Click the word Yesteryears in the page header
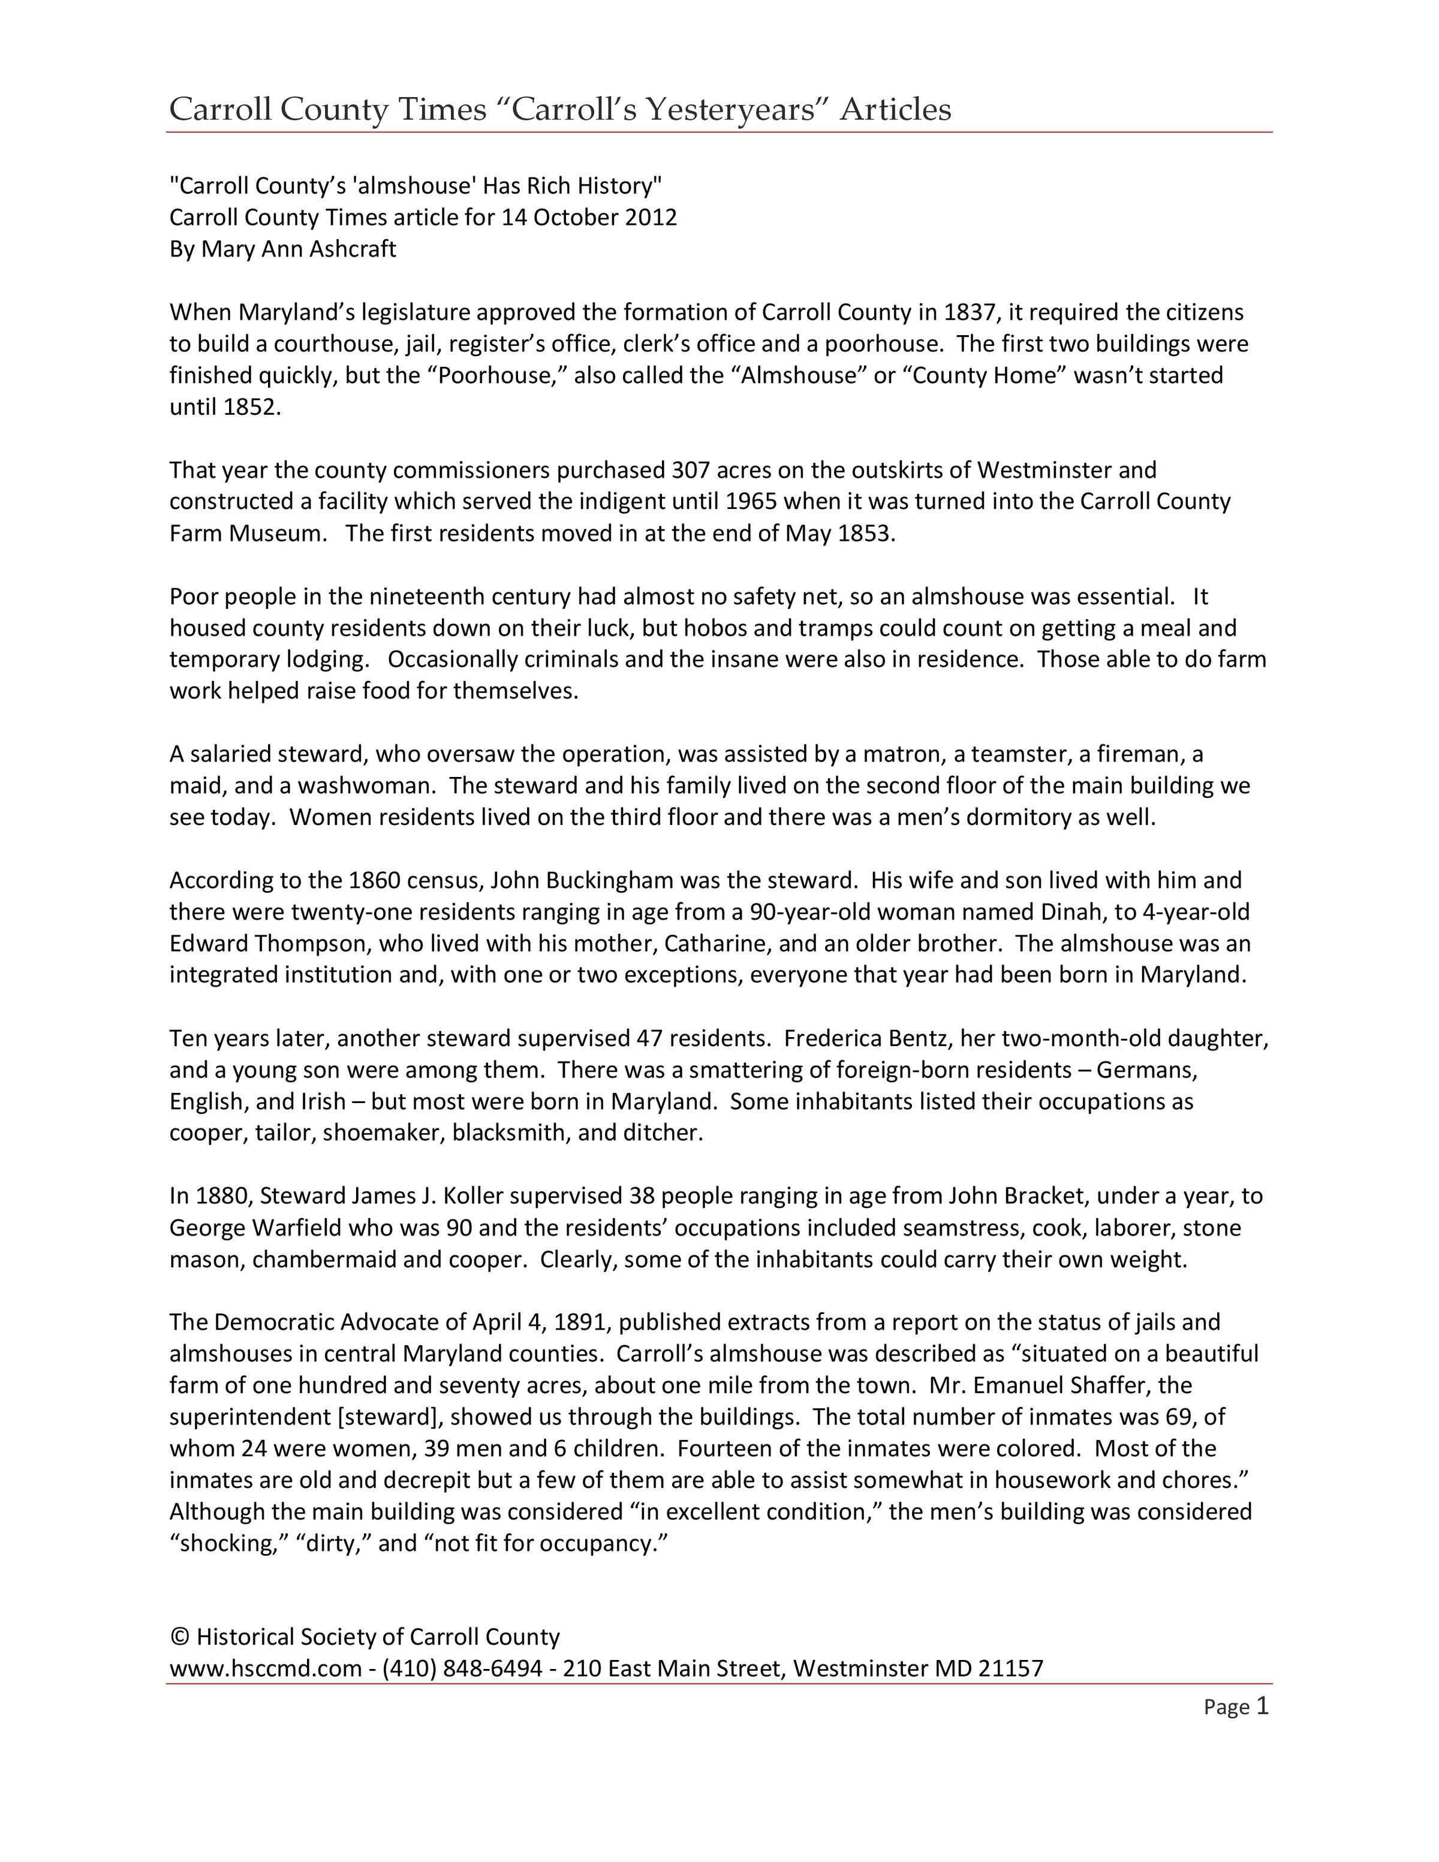coord(732,109)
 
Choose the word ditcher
coord(664,1133)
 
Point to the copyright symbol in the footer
coord(179,1637)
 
